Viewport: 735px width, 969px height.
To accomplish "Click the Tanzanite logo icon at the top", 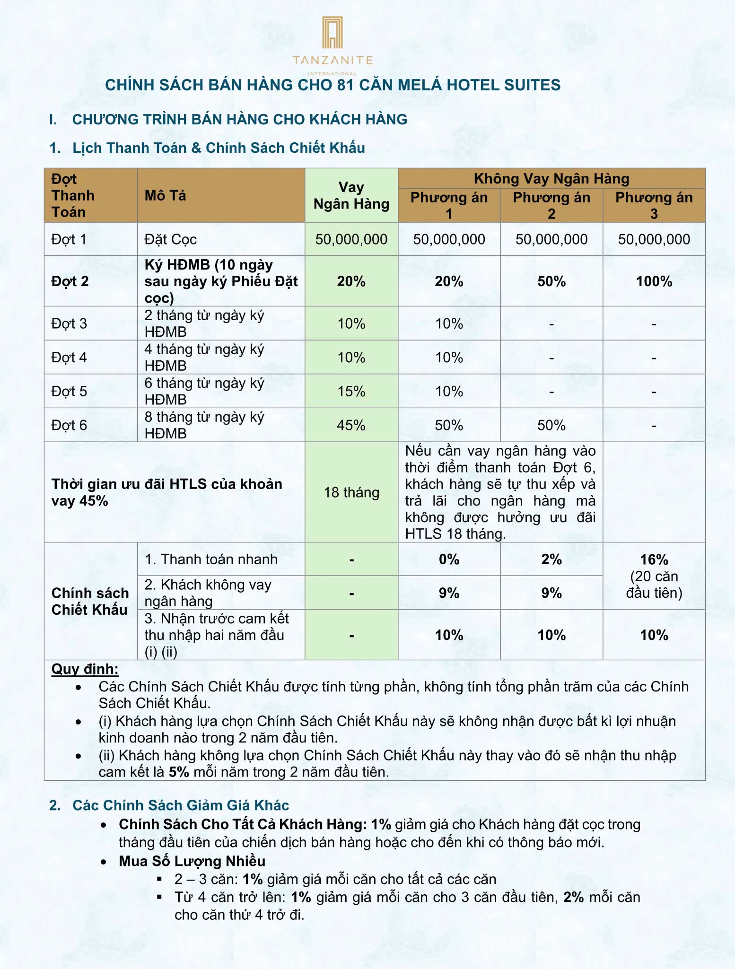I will point(332,33).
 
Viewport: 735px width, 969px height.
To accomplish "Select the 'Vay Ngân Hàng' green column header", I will point(351,195).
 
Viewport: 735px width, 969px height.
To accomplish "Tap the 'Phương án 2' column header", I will point(551,205).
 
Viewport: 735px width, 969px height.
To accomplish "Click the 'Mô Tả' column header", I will point(165,195).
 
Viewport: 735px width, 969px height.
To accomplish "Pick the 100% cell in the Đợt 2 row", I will point(654,281).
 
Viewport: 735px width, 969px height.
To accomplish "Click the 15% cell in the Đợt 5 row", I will point(351,391).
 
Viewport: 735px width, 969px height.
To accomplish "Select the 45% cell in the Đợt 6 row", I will point(351,425).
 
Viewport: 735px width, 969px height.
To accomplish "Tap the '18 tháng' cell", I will point(351,492).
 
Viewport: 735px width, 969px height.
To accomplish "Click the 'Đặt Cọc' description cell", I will point(170,239).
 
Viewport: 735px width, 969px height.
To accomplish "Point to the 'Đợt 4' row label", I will point(69,357).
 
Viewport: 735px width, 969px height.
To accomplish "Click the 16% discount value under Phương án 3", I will point(654,559).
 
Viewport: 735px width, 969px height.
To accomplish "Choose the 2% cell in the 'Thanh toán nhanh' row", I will point(551,559).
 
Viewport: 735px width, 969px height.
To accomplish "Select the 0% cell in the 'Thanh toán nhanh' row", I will point(449,559).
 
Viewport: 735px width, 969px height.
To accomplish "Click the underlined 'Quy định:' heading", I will point(85,669).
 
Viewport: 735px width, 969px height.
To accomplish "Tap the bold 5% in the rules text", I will point(179,772).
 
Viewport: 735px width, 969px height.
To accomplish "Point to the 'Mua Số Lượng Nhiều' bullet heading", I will point(192,861).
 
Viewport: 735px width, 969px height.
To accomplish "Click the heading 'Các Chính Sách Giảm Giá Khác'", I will point(180,805).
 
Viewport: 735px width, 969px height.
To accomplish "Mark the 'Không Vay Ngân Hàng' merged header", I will point(551,179).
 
